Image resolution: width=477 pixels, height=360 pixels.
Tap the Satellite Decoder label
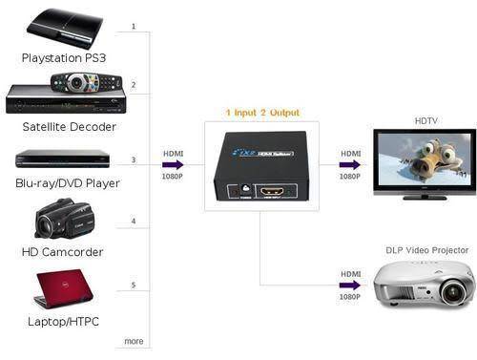(x=69, y=126)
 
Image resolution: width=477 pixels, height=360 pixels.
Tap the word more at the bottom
(x=134, y=341)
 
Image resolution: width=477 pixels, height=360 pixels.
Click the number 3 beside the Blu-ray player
(x=134, y=159)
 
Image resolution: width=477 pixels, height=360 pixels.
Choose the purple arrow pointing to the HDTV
(x=351, y=163)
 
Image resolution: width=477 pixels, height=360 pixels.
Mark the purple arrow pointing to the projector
(x=351, y=257)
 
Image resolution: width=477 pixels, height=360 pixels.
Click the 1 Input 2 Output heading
(x=260, y=112)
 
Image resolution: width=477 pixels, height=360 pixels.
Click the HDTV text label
(x=425, y=121)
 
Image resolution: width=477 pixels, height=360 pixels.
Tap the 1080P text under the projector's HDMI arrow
(x=351, y=269)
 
